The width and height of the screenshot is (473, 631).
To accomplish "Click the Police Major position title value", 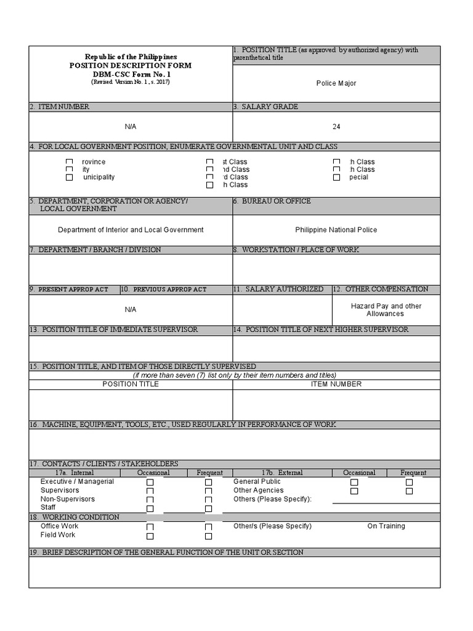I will click(x=336, y=83).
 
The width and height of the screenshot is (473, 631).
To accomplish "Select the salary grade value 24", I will click(x=336, y=127).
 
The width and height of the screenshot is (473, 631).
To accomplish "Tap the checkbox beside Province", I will click(x=70, y=162).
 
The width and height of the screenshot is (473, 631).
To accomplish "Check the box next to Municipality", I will click(x=70, y=177).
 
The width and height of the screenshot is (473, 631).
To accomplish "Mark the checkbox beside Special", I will click(x=336, y=177).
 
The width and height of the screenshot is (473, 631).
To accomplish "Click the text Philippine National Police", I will click(x=336, y=230).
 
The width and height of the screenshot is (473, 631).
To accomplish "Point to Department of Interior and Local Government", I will click(x=131, y=230).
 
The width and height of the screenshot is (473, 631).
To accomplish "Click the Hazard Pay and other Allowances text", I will click(x=386, y=310).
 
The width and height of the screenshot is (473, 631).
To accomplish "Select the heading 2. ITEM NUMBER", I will click(x=60, y=107).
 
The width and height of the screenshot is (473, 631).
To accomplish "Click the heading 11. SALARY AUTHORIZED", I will click(x=282, y=289).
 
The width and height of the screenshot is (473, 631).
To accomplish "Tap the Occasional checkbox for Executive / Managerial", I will click(x=150, y=482).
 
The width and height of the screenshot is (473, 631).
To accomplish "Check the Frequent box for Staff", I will click(x=208, y=508).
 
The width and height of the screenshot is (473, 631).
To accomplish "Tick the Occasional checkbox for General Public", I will click(x=354, y=482).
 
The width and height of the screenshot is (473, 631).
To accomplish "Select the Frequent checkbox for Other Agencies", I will click(x=410, y=491).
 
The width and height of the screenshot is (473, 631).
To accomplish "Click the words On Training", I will click(x=386, y=526).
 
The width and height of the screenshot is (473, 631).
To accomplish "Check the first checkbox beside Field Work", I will click(x=150, y=536).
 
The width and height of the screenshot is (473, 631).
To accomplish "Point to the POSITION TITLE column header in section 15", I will click(x=131, y=384).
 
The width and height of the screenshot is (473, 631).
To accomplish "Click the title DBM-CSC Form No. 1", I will click(x=131, y=74).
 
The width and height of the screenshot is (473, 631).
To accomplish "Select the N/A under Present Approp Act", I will click(x=131, y=309).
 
